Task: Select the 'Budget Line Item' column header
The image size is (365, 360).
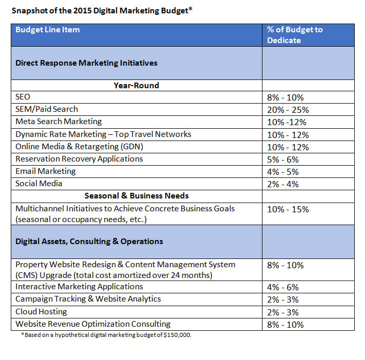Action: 48,30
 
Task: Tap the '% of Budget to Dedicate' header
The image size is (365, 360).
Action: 295,35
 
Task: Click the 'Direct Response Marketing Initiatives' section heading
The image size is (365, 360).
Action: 86,63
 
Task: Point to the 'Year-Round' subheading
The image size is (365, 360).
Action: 136,86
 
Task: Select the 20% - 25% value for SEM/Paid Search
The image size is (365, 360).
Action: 288,110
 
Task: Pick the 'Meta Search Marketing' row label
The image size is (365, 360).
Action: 58,122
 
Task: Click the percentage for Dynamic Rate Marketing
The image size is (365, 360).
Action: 288,135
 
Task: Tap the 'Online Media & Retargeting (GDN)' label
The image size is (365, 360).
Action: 79,147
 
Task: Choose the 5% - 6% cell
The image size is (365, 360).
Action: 283,159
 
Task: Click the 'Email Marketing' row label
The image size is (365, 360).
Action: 45,171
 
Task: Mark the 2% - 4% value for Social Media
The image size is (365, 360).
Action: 283,184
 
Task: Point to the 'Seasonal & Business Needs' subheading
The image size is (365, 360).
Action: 136,196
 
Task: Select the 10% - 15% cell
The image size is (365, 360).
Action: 288,209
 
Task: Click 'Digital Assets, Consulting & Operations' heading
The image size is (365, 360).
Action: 89,242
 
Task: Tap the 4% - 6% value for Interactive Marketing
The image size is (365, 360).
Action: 283,287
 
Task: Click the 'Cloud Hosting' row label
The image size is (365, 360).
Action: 41,312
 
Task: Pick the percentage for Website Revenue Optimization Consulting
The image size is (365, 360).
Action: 285,325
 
